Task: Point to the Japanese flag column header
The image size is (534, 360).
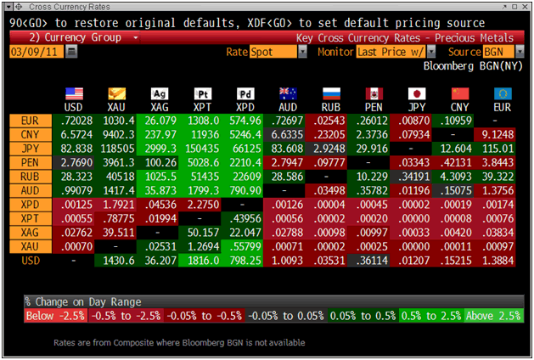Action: click(416, 93)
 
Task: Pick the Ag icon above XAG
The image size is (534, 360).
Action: click(159, 93)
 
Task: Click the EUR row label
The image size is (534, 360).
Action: click(27, 122)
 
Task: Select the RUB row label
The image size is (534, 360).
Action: click(27, 174)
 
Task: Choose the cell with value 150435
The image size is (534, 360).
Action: click(202, 148)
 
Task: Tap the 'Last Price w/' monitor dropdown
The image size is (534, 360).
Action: click(394, 52)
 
